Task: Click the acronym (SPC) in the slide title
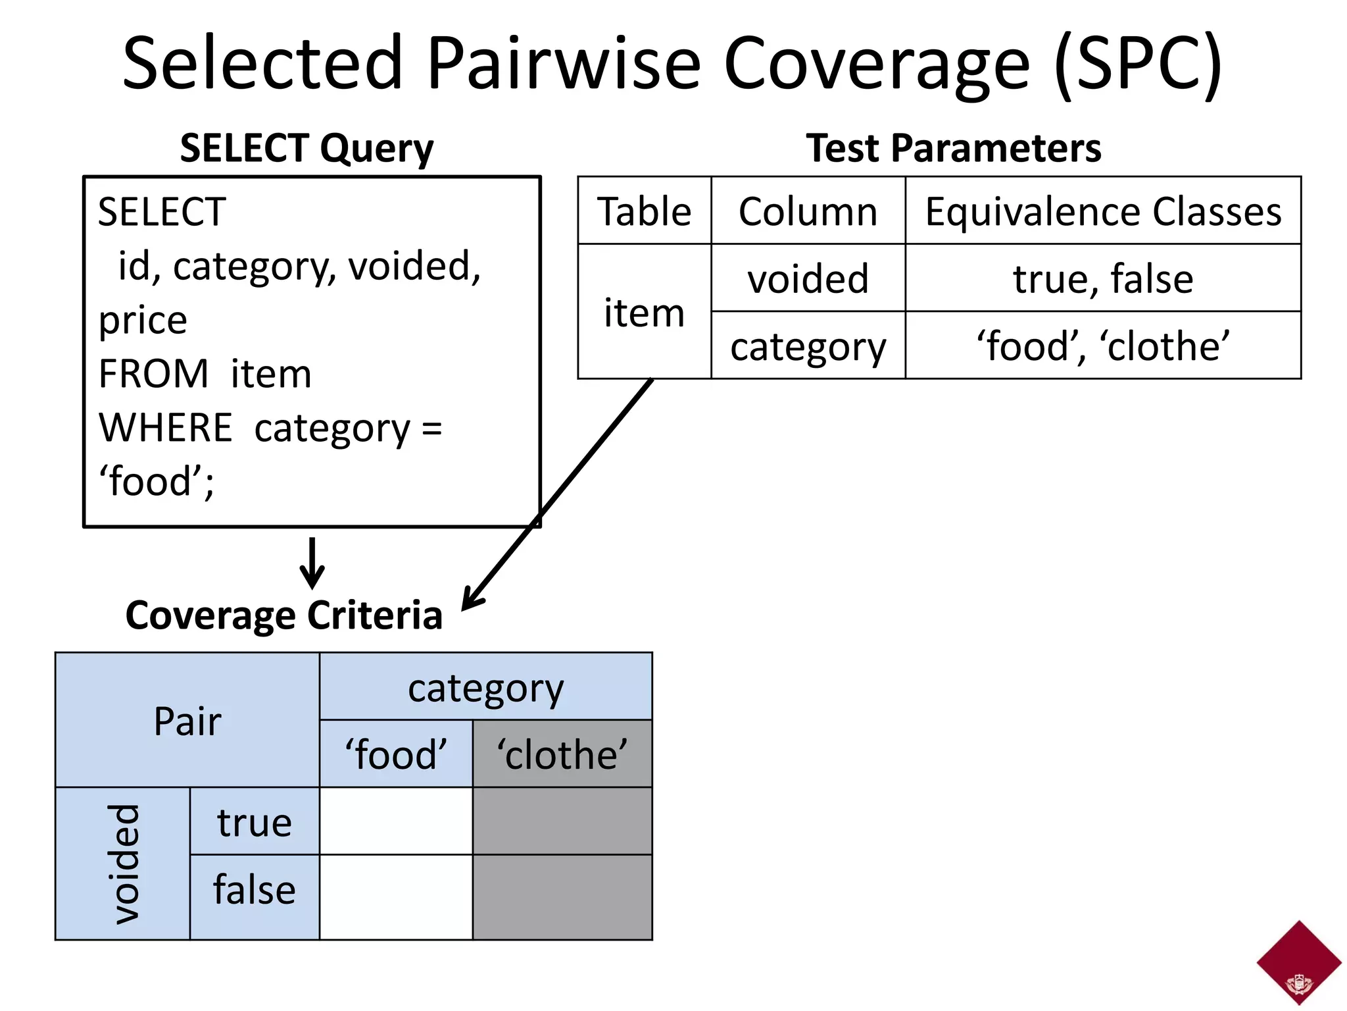pos(1138,65)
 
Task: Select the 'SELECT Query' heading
pos(306,148)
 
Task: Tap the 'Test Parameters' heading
pos(953,148)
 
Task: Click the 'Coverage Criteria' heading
pos(283,615)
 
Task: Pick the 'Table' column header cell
pos(645,211)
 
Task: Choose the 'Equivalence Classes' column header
pos(1103,211)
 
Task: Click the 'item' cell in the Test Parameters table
pos(645,313)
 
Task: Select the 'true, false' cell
pos(1103,278)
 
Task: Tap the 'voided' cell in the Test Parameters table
pos(808,278)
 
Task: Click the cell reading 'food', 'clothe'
pos(1103,346)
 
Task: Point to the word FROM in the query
pos(153,374)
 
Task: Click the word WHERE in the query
pos(165,428)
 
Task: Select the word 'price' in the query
pos(143,321)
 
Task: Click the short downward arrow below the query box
pos(312,563)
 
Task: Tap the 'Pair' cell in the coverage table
pos(187,721)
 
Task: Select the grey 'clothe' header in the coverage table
pos(562,754)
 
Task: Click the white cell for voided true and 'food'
pos(396,821)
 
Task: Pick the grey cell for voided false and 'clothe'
pos(562,897)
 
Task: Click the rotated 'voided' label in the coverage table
pos(124,864)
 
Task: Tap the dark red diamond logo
pos(1298,963)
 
